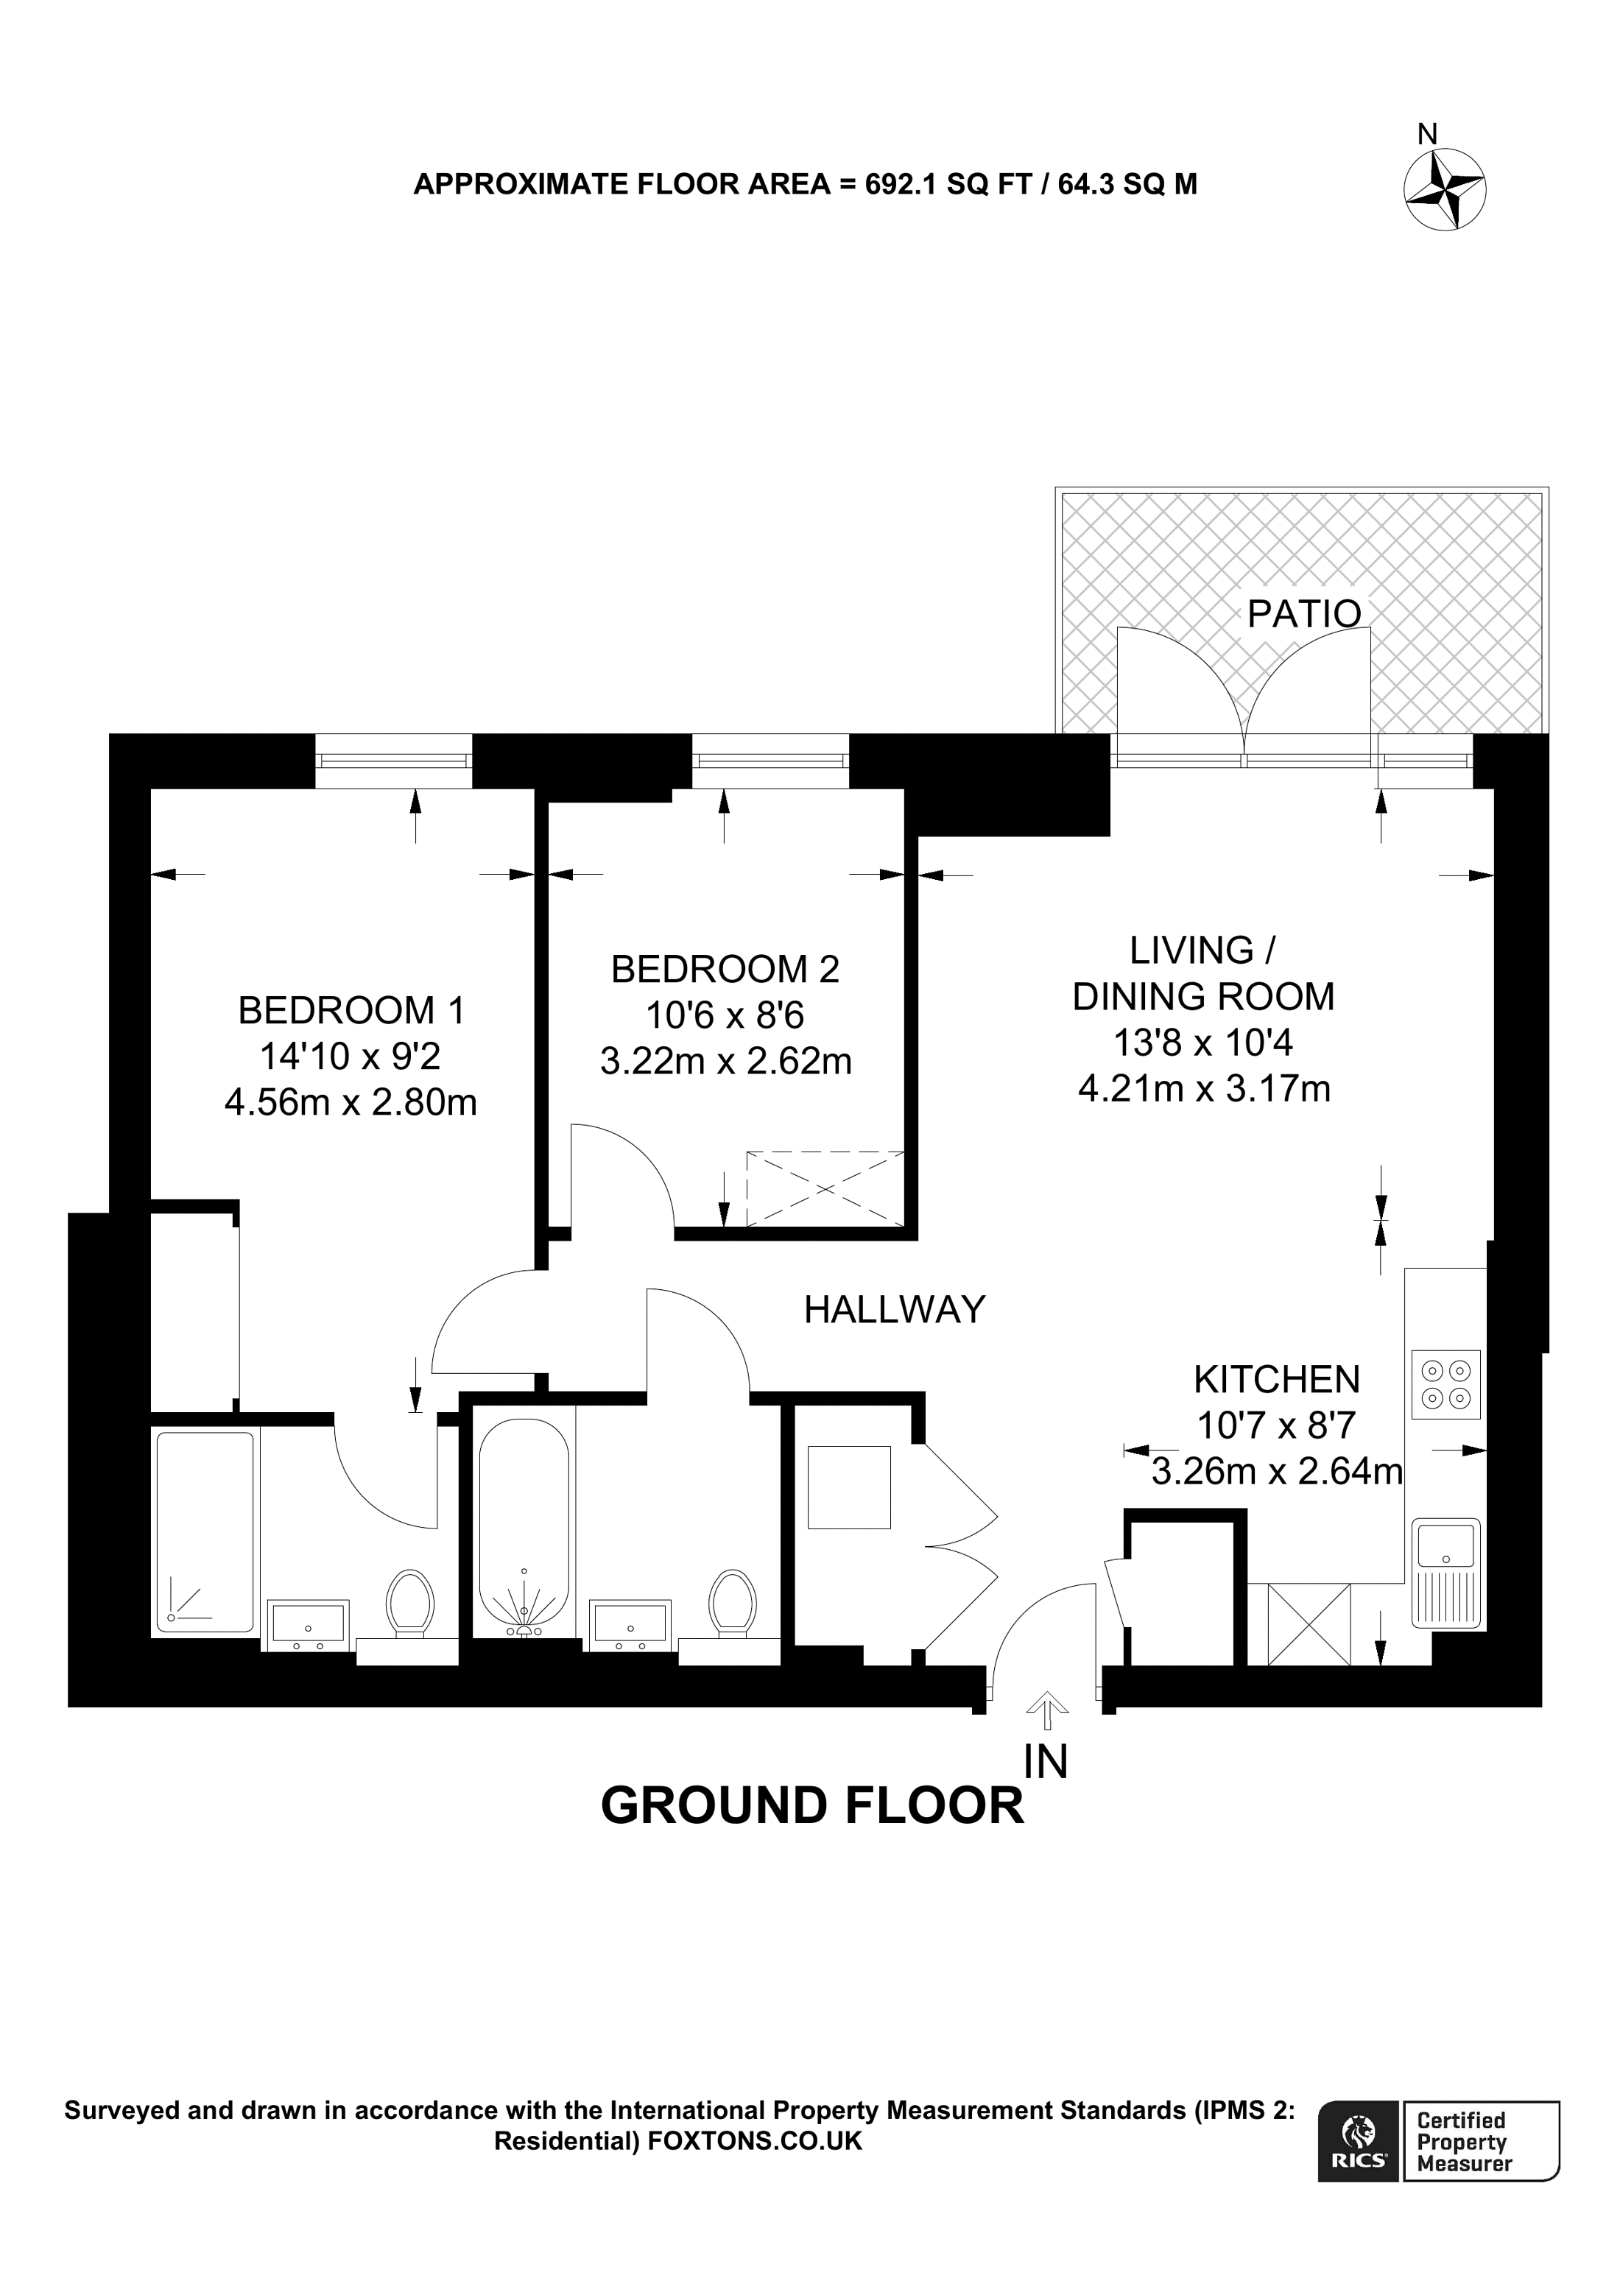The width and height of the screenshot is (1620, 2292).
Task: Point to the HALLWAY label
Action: click(895, 1310)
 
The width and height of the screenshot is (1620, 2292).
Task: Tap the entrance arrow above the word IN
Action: click(1046, 1710)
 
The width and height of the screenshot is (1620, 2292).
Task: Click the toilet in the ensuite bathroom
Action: click(409, 1601)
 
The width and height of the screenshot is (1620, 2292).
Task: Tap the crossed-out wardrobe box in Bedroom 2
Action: click(825, 1189)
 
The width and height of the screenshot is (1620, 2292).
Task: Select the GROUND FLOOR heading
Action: click(811, 1806)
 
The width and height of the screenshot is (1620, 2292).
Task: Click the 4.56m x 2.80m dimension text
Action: click(351, 1102)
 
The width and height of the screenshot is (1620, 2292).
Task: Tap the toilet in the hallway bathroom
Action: click(732, 1601)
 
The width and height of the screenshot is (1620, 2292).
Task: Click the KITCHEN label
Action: click(1277, 1380)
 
